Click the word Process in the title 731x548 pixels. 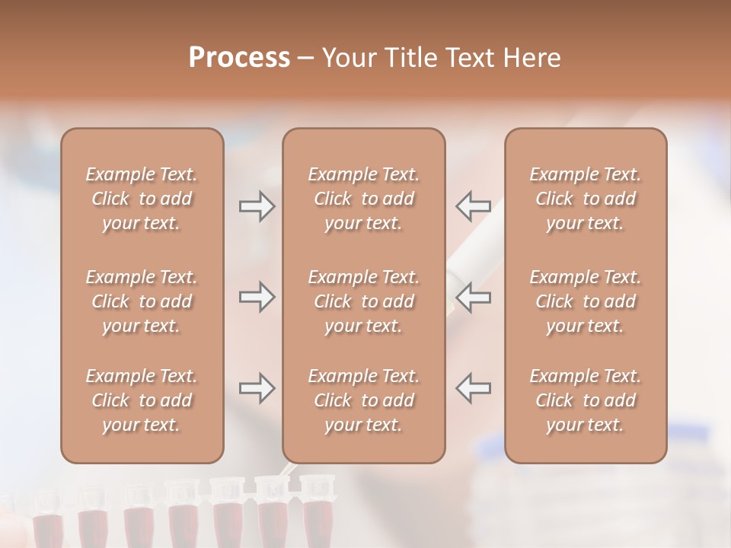239,58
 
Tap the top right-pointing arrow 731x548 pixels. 257,206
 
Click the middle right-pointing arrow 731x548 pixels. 257,297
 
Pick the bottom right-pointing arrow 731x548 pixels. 257,388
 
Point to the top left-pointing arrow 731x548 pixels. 473,206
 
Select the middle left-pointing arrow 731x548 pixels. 473,297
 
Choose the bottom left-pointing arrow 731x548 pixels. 473,388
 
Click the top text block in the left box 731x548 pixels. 142,199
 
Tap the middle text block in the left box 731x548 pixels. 142,301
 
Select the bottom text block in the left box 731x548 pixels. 142,400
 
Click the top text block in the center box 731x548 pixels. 363,199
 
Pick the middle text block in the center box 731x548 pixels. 363,301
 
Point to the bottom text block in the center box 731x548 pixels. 363,400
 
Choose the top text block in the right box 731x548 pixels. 585,199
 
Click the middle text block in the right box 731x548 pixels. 585,301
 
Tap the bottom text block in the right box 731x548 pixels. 585,400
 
